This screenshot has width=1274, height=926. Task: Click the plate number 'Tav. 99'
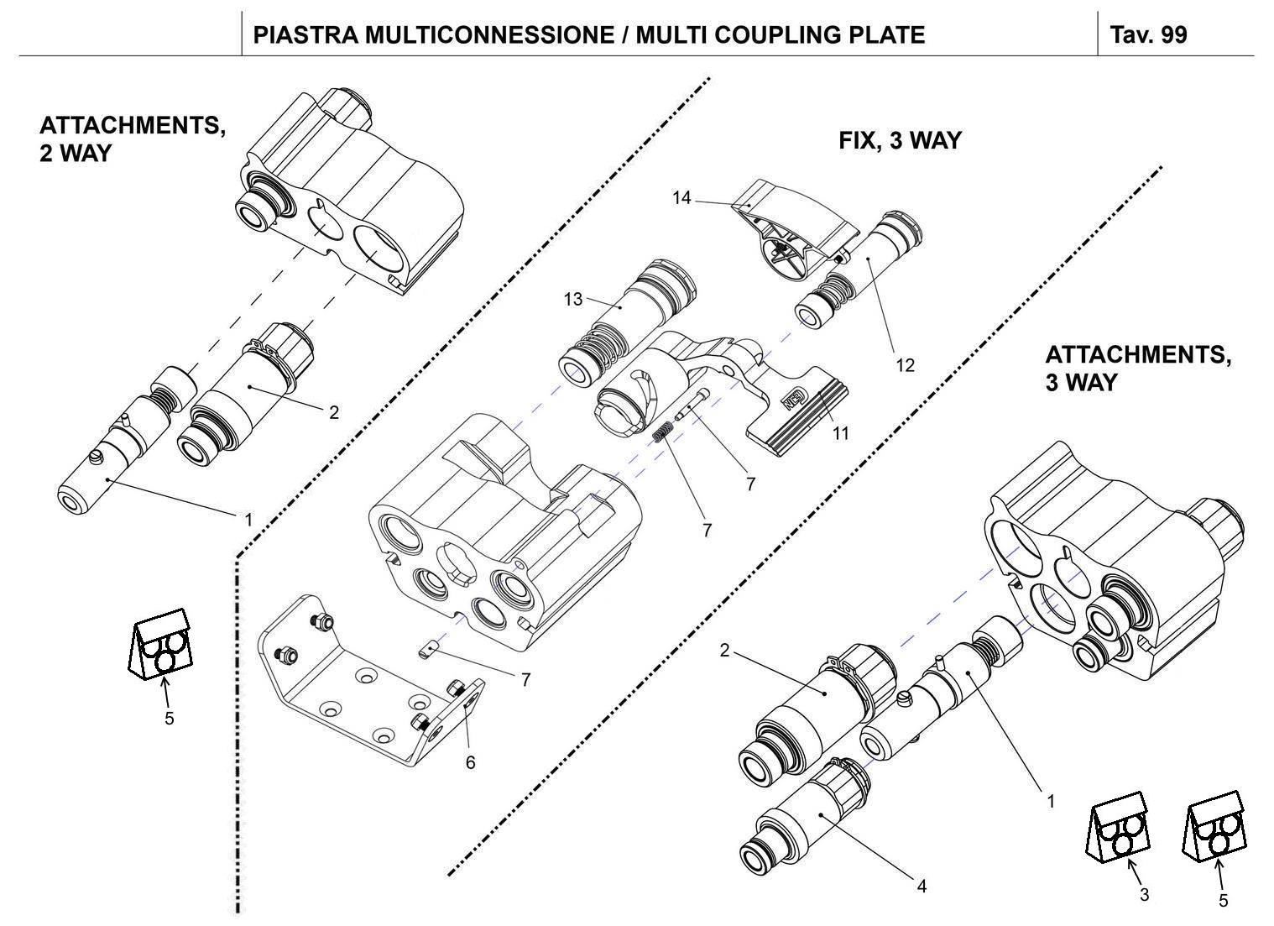point(1148,34)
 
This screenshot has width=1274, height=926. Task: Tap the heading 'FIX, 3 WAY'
point(899,140)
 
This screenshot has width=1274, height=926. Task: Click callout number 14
point(681,198)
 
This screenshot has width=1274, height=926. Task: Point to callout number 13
point(572,299)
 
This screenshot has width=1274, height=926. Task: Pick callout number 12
point(904,365)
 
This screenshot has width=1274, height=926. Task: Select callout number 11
point(840,433)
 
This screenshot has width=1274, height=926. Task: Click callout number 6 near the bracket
point(470,761)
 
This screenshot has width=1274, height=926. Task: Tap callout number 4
point(921,886)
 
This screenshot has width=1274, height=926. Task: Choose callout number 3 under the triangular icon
point(1144,895)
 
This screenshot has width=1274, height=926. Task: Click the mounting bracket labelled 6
point(361,680)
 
